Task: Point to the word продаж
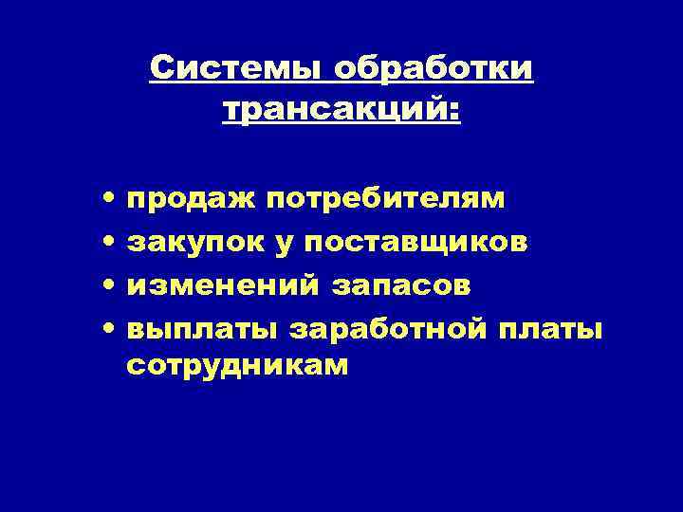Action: [x=190, y=199]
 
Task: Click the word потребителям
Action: [x=385, y=201]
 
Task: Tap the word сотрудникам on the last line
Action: [x=237, y=366]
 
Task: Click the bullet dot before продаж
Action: [x=111, y=200]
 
